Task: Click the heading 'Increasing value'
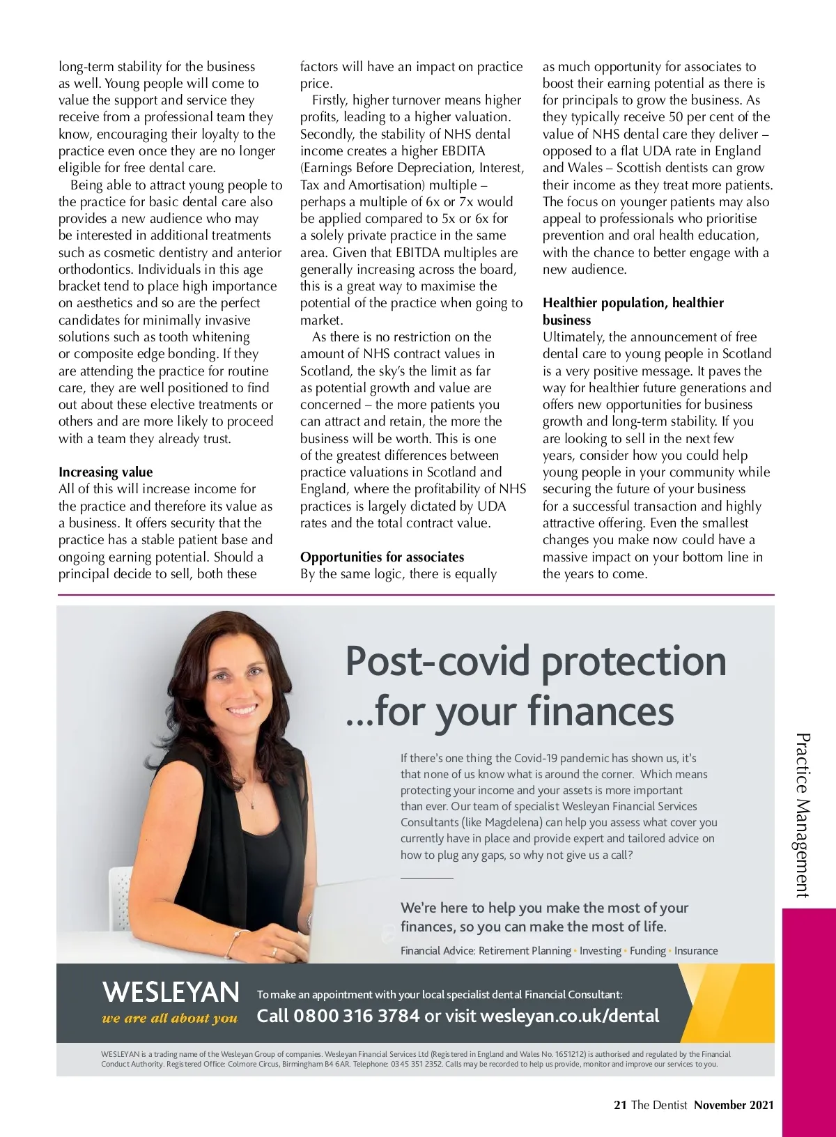[105, 472]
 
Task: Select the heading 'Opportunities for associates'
[382, 557]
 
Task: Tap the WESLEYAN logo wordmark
[171, 991]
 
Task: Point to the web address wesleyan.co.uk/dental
[569, 1016]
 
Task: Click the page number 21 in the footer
[620, 1105]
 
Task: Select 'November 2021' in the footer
[734, 1105]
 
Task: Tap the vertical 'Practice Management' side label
[803, 814]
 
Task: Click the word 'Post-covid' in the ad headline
[437, 661]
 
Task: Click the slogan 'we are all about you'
[170, 1019]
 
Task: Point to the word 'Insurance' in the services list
[696, 950]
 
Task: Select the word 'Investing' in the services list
[601, 950]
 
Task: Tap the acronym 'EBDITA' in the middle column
[463, 151]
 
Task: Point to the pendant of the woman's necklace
[249, 802]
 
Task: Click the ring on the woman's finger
[274, 951]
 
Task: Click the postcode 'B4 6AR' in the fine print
[334, 1064]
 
